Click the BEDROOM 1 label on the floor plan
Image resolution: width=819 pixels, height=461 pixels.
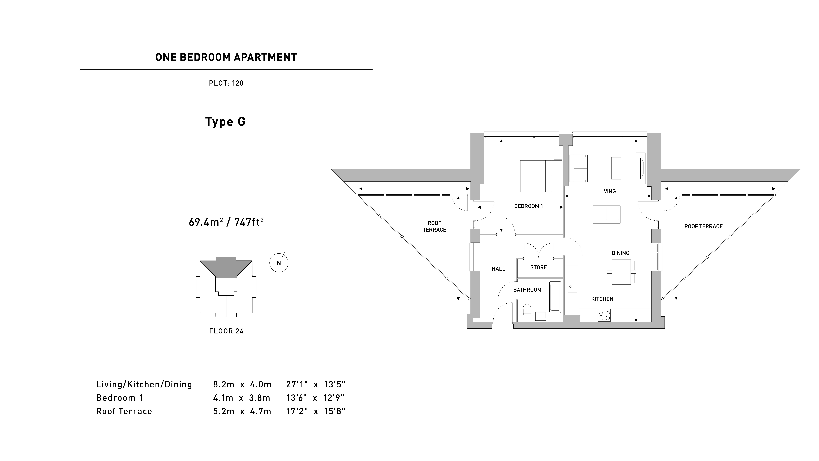click(528, 206)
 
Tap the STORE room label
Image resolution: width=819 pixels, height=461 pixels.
click(538, 268)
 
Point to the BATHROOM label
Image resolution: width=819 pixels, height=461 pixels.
click(527, 290)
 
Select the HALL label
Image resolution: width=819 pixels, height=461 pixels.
click(498, 269)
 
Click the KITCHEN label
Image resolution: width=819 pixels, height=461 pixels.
click(602, 299)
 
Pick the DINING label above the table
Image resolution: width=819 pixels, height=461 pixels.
click(620, 253)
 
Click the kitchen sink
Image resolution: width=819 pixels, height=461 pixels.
click(572, 287)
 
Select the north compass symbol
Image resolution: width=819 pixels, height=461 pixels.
click(279, 263)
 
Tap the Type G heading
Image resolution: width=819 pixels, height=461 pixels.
click(225, 121)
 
